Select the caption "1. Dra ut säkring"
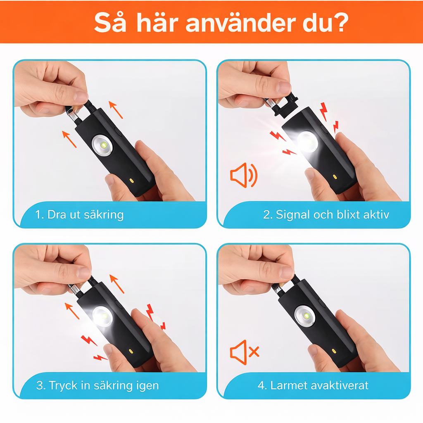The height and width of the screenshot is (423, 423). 79,215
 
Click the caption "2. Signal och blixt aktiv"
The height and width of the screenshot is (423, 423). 326,215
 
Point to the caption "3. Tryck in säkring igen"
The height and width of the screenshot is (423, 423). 97,386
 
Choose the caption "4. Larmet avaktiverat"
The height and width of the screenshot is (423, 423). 313,386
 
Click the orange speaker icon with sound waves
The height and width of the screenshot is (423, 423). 243,175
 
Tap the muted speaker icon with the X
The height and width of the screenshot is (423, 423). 244,352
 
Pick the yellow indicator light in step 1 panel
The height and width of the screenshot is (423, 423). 132,181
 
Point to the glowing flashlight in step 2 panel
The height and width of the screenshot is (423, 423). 307,141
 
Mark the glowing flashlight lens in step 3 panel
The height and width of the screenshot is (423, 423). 102,316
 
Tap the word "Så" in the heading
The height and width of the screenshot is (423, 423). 109,23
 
